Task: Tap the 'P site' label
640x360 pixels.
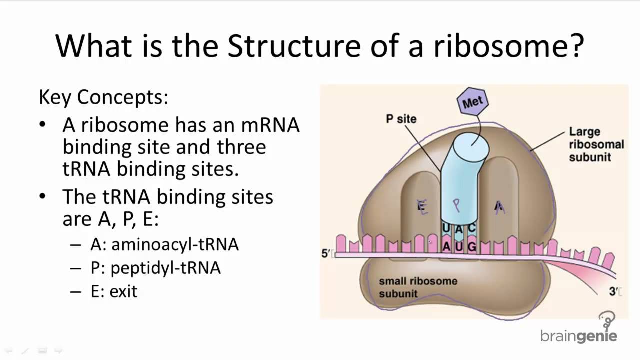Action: pyautogui.click(x=401, y=119)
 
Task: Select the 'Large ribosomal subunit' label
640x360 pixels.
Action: pyautogui.click(x=596, y=144)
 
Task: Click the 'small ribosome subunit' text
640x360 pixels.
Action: pyautogui.click(x=418, y=287)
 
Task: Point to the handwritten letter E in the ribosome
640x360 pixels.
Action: pyautogui.click(x=423, y=206)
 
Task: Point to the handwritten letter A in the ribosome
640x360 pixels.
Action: pyautogui.click(x=499, y=207)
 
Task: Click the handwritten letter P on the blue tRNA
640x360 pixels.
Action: pyautogui.click(x=456, y=205)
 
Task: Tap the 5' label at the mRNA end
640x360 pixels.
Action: pyautogui.click(x=326, y=254)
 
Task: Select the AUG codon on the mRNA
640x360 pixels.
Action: pyautogui.click(x=459, y=246)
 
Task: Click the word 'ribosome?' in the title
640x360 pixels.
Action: pyautogui.click(x=509, y=46)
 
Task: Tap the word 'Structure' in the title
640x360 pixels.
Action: pyautogui.click(x=293, y=46)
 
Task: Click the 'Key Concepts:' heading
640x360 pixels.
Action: pyautogui.click(x=103, y=97)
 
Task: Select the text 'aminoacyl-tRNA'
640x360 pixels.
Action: pyautogui.click(x=175, y=244)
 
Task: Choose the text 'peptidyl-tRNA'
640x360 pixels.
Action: pyautogui.click(x=165, y=268)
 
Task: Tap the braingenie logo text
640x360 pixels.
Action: pyautogui.click(x=579, y=336)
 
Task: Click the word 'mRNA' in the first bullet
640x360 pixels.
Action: pyautogui.click(x=270, y=125)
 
